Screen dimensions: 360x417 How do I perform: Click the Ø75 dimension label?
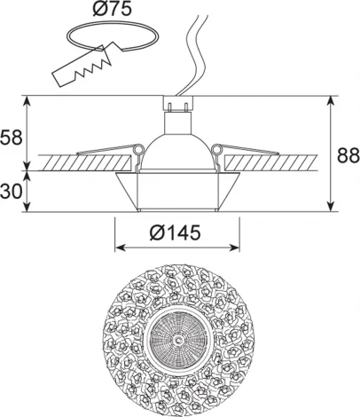(112, 9)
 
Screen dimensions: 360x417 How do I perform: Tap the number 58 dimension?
(12, 138)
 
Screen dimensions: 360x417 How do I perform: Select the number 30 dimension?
(12, 191)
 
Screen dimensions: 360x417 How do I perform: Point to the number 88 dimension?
(348, 155)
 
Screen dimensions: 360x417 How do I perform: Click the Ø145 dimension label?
(175, 232)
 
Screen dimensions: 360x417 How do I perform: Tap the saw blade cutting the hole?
(82, 67)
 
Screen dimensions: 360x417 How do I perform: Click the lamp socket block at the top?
(177, 103)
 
